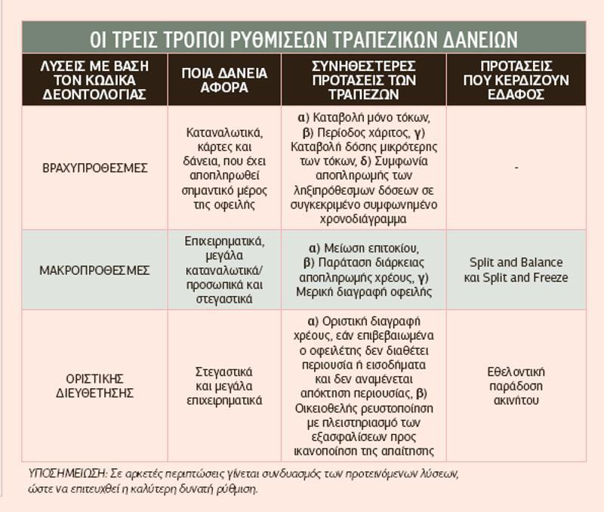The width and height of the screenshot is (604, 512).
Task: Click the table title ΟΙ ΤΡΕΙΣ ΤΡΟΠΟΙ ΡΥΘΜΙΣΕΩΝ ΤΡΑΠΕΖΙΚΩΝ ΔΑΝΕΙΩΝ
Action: (x=304, y=38)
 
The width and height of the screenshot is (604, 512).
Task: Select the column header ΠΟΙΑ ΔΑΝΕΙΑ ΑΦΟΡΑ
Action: (x=224, y=80)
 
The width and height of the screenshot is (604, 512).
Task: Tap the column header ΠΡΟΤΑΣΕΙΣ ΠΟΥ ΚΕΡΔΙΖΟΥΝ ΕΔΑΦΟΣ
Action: (x=516, y=80)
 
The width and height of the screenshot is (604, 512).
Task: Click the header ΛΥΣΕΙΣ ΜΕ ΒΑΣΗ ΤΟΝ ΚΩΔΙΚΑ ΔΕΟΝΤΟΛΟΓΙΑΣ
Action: (x=94, y=80)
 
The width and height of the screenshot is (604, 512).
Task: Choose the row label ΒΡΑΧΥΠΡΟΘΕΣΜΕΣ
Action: (x=94, y=168)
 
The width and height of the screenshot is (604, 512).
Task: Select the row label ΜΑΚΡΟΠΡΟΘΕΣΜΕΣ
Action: (x=94, y=270)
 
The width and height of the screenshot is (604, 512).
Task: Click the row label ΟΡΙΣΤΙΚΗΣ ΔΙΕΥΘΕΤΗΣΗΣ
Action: (x=94, y=385)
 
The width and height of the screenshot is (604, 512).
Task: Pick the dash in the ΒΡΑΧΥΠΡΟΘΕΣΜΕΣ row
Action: (x=516, y=167)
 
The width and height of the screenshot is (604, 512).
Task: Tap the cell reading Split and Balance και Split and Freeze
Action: (x=516, y=270)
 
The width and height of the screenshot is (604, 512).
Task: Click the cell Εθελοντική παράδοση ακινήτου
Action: (x=516, y=385)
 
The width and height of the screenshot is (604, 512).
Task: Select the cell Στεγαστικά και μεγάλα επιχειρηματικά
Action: (x=224, y=386)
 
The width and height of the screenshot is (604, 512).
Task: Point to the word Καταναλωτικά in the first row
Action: (x=224, y=132)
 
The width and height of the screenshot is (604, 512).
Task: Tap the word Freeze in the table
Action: (x=549, y=277)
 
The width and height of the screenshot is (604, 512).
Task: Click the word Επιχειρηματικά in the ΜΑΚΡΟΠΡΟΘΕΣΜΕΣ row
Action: (x=224, y=241)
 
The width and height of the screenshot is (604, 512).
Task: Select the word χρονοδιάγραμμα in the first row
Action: (x=363, y=218)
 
